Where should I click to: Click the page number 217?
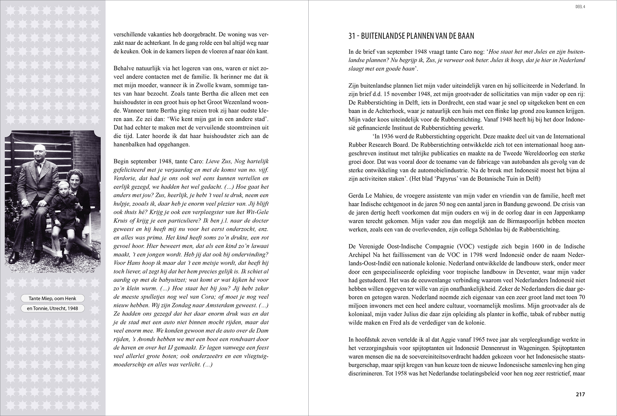point(580,403)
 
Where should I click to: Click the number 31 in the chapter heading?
point(352,36)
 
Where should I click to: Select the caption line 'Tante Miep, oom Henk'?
point(53,298)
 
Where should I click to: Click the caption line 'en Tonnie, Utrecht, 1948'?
point(53,308)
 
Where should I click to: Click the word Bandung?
point(521,204)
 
